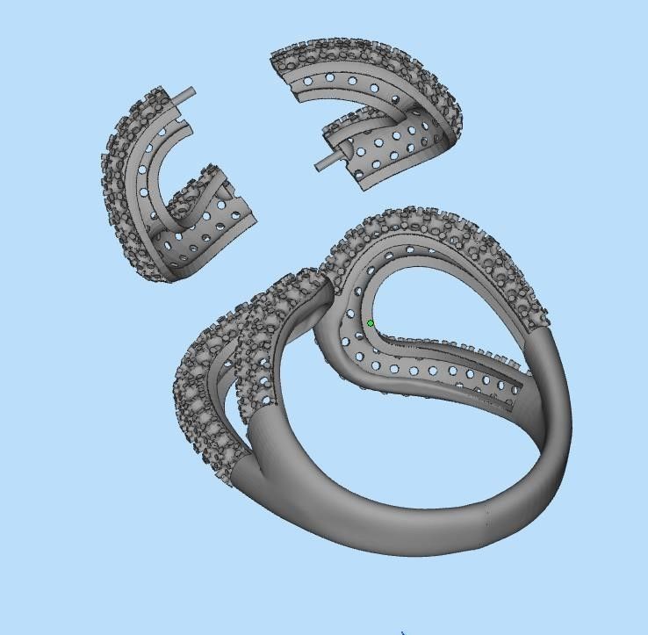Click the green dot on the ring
[371, 323]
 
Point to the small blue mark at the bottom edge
[403, 631]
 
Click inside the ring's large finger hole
[395, 448]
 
